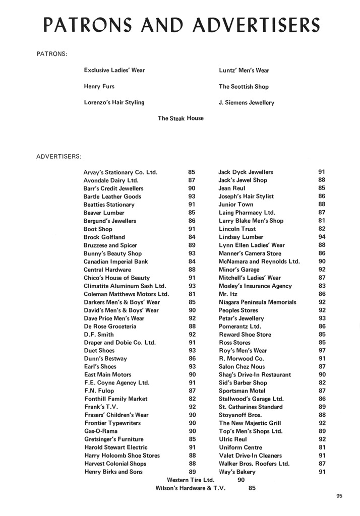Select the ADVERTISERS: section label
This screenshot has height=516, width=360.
tap(58, 156)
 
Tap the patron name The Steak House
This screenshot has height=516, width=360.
tap(181, 118)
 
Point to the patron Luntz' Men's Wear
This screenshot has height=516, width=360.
tap(244, 71)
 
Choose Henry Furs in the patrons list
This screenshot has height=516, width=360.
tap(99, 87)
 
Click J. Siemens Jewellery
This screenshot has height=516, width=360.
tap(246, 103)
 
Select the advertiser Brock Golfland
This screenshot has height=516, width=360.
tap(104, 237)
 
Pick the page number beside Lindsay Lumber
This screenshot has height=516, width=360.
tap(322, 237)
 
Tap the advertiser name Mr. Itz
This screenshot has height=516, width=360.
tap(228, 294)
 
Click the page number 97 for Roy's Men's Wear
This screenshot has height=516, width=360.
tap(322, 351)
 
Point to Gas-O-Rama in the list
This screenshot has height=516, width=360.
tap(99, 431)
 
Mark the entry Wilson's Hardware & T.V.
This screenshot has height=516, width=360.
tap(191, 488)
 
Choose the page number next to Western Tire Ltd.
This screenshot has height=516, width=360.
tap(241, 480)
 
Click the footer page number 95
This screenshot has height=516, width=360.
tap(339, 496)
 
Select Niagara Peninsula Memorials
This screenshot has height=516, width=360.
tap(257, 302)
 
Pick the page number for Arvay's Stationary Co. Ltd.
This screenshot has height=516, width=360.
tap(192, 172)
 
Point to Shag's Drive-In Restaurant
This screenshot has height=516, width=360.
tap(255, 375)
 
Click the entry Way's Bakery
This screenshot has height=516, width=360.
tap(237, 472)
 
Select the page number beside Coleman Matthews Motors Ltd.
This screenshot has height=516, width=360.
tap(192, 294)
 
